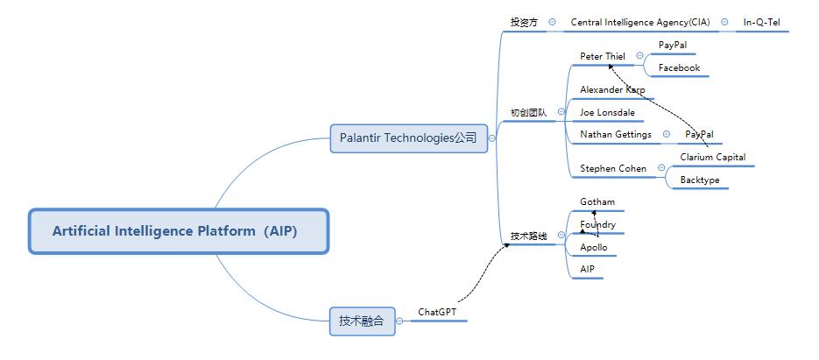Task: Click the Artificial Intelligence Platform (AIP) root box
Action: point(178,231)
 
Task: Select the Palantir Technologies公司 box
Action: point(408,138)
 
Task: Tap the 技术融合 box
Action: point(362,321)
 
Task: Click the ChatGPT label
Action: point(437,312)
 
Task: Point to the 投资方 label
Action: point(524,23)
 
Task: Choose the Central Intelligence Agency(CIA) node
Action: point(640,23)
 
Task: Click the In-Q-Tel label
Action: point(761,23)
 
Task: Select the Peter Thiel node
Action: point(603,56)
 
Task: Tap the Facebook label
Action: point(679,68)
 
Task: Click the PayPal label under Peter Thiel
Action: point(672,46)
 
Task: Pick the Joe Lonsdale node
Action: point(607,112)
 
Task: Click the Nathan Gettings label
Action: point(616,135)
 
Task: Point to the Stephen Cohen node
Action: point(613,169)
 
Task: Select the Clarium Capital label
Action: point(713,158)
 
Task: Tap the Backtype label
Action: point(700,180)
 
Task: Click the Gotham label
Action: point(597,202)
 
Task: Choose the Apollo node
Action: point(594,248)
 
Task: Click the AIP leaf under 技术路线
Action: point(587,270)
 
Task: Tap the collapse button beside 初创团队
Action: point(561,112)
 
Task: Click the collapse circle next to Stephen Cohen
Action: point(661,168)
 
